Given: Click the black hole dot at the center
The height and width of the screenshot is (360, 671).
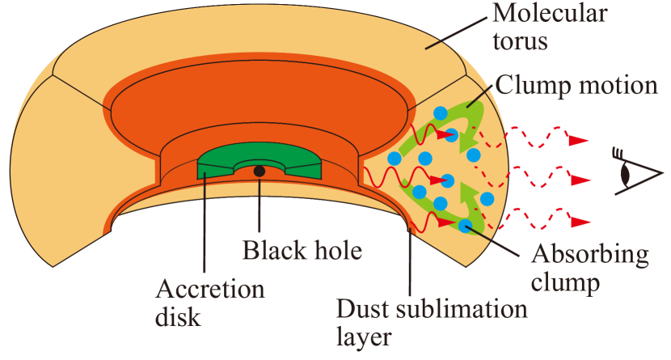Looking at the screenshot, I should (259, 171).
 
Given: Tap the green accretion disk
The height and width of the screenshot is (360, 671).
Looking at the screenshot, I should (217, 167).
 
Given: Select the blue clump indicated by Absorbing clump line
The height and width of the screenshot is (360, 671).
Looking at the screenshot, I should (466, 227).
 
